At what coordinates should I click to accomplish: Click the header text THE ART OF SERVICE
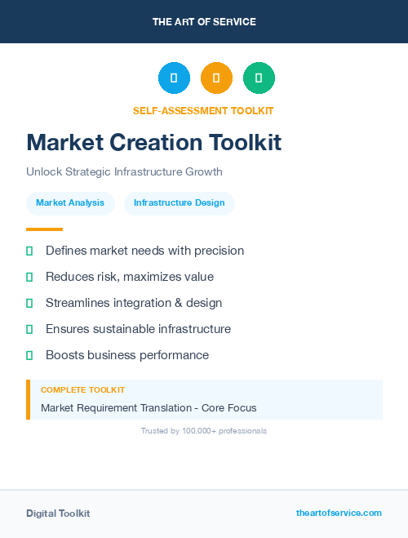[204, 22]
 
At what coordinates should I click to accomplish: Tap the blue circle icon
[174, 78]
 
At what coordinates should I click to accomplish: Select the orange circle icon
[216, 78]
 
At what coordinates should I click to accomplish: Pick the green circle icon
[259, 78]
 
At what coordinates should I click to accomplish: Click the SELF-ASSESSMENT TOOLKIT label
[203, 111]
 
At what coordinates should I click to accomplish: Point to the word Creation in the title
[161, 143]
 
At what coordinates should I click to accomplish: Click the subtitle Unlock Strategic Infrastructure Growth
[124, 172]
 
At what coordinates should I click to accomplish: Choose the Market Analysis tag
[70, 203]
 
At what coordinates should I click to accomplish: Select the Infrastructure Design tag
[180, 203]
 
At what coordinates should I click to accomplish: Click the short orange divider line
[44, 229]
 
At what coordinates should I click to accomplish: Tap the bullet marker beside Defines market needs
[29, 251]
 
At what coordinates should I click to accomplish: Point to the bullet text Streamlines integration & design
[134, 303]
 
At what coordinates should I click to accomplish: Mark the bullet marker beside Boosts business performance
[29, 355]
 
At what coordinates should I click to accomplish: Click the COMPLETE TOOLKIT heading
[82, 390]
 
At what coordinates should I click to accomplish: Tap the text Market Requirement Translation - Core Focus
[149, 407]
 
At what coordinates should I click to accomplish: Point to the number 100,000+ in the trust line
[201, 431]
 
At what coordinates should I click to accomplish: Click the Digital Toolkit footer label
[58, 514]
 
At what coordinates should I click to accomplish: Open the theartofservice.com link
[339, 513]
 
